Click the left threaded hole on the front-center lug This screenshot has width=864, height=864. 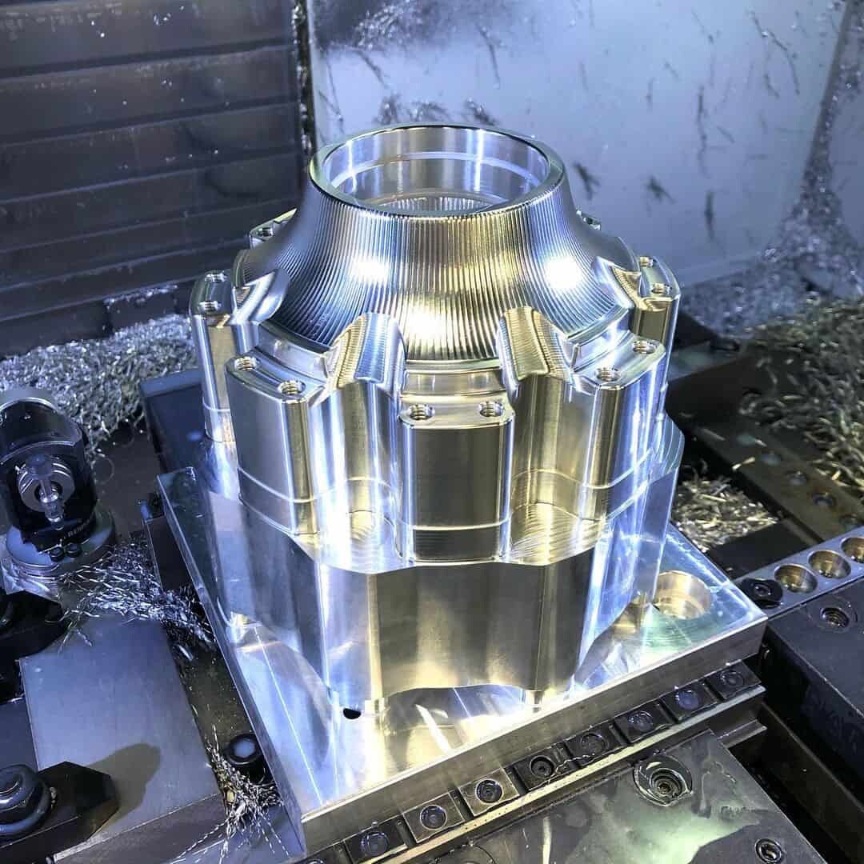pyautogui.click(x=418, y=413)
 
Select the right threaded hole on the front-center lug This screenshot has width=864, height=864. pyautogui.click(x=490, y=410)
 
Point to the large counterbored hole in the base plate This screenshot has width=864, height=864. pyautogui.click(x=681, y=594)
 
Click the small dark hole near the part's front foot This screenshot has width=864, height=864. pyautogui.click(x=350, y=711)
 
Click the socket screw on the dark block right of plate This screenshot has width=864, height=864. pyautogui.click(x=835, y=617)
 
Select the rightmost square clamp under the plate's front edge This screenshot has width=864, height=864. pyautogui.click(x=730, y=681)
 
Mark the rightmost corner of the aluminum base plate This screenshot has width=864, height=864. pyautogui.click(x=766, y=620)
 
